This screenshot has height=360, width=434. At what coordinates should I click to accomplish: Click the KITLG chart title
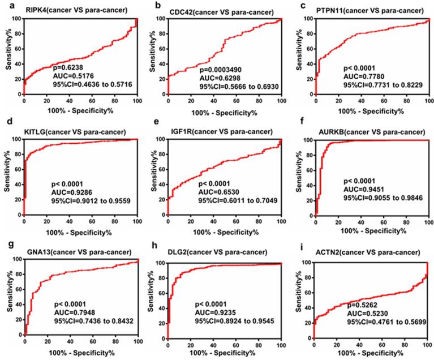pos(77,131)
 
